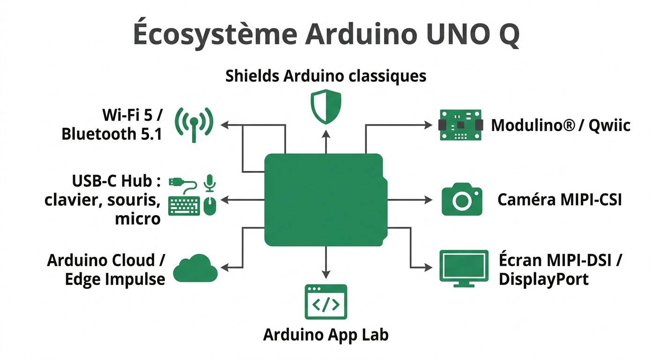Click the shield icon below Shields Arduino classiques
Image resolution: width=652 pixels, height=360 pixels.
(326, 106)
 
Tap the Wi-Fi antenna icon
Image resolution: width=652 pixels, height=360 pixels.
(193, 124)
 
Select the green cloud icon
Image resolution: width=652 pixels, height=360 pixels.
(195, 269)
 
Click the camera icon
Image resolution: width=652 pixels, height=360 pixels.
(462, 200)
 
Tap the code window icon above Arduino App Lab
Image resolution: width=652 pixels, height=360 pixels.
(326, 301)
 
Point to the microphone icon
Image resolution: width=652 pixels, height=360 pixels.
(210, 183)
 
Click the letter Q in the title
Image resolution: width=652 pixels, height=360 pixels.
(506, 35)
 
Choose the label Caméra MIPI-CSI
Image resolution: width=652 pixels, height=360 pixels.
(559, 200)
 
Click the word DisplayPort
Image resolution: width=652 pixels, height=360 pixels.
(543, 279)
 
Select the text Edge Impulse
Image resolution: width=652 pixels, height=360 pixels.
(115, 279)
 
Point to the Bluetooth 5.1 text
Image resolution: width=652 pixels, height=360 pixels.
(111, 135)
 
